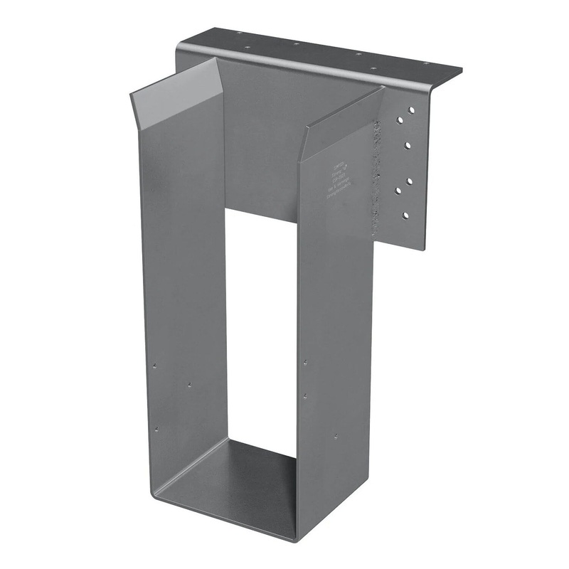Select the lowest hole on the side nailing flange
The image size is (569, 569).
pos(405,214)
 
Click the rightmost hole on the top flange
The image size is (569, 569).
pos(426,63)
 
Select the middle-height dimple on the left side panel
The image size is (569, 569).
pos(189,384)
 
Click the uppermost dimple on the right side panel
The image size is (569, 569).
pos(305,361)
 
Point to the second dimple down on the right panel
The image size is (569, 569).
pos(305,395)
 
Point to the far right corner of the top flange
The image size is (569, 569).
pos(462,69)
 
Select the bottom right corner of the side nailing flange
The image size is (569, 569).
pos(424,250)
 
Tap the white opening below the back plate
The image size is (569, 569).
pos(260,320)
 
